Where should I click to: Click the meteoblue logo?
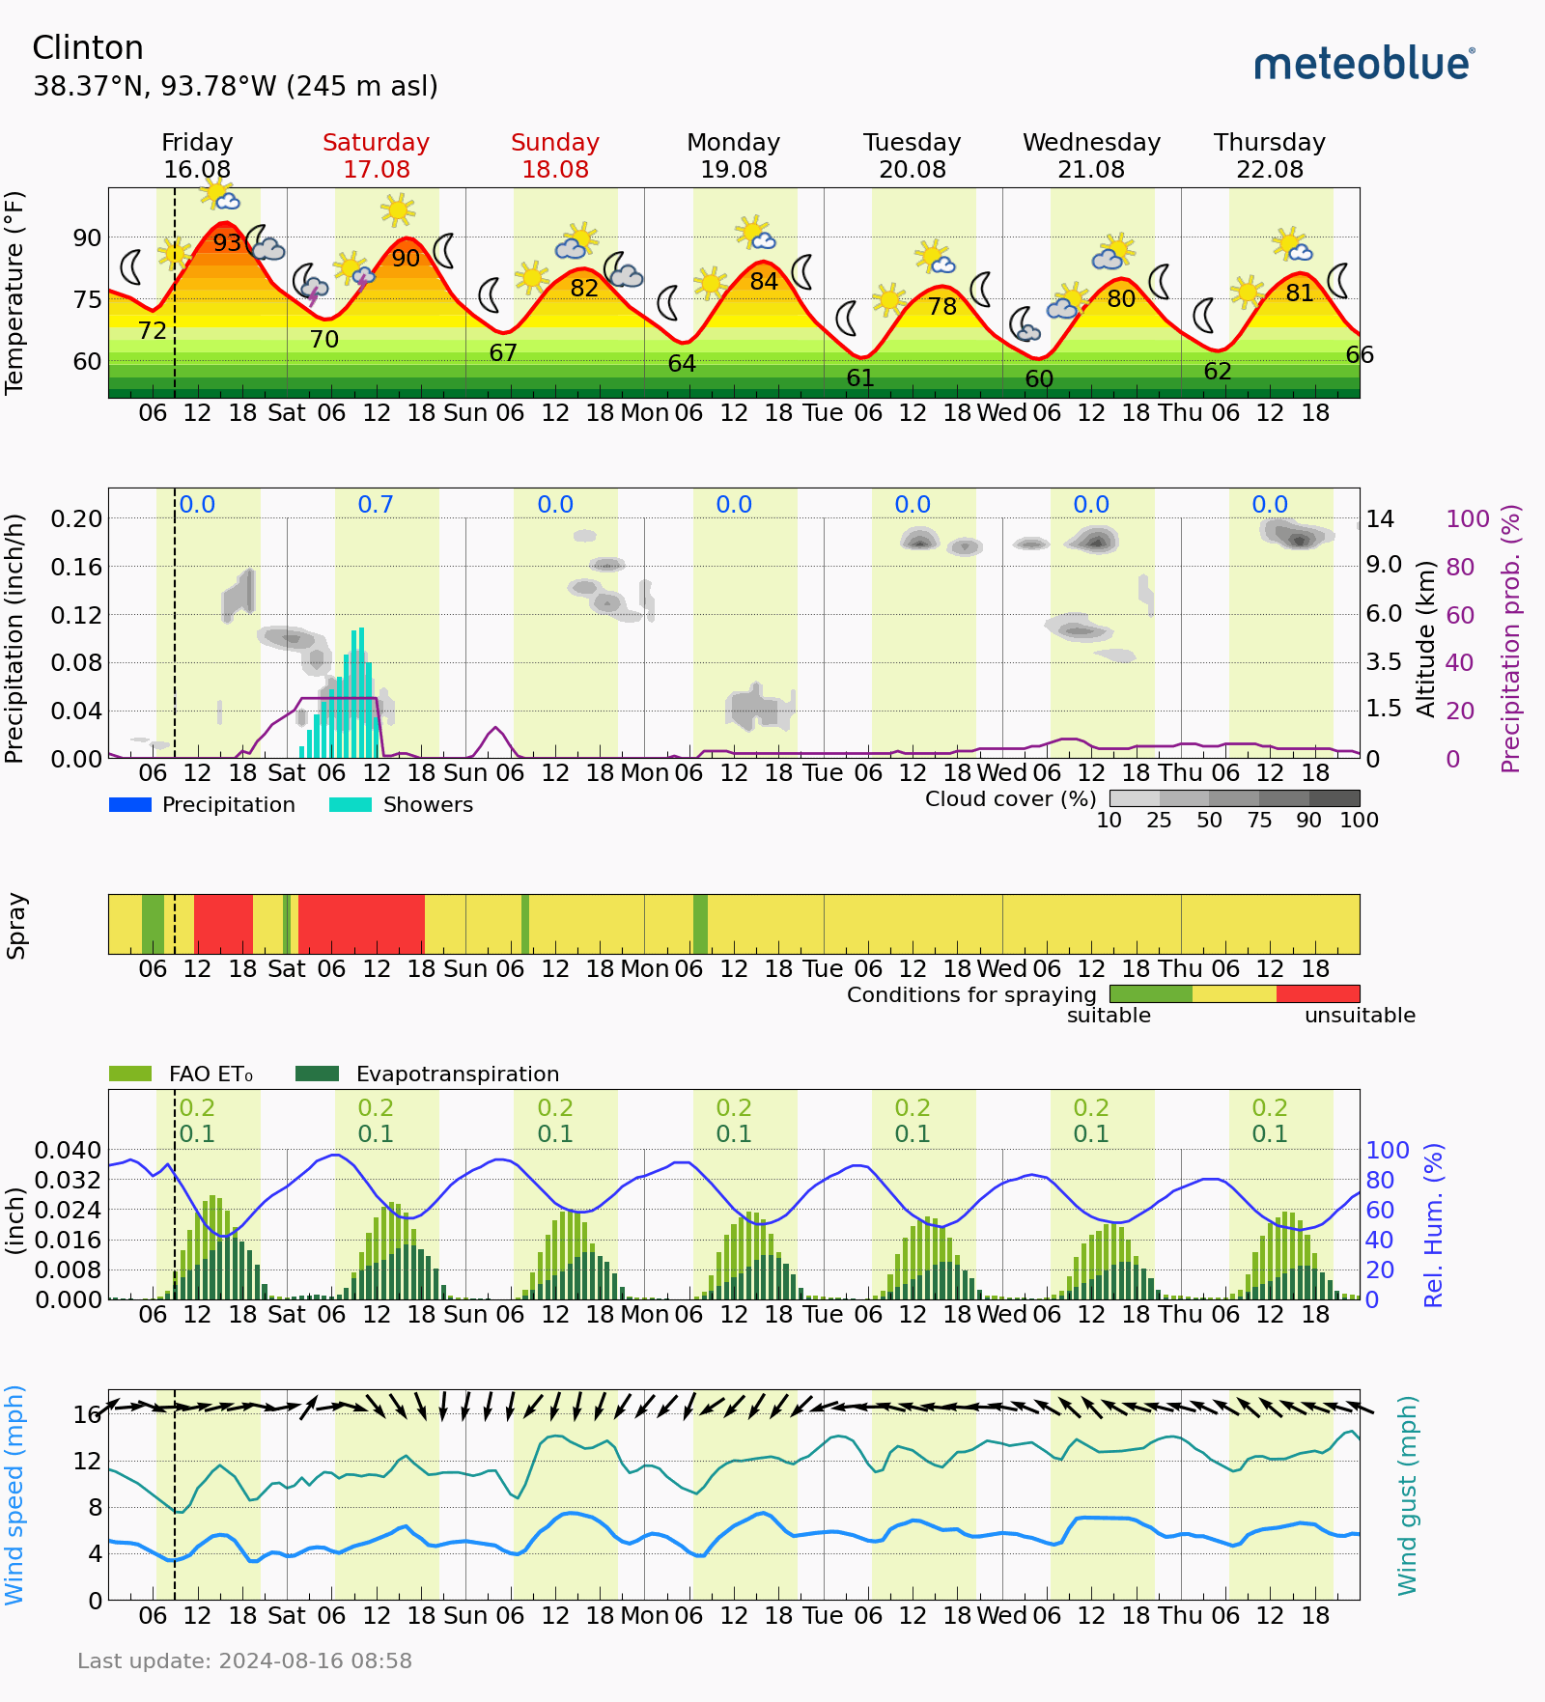coord(1363,64)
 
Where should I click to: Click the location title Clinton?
coord(88,48)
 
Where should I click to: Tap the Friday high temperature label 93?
coord(227,242)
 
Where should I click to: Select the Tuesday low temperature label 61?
coord(860,378)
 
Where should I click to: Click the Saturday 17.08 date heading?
coord(376,155)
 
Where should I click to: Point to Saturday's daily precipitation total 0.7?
coord(376,505)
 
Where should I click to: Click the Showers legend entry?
coord(428,805)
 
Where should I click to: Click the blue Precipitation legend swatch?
coord(130,805)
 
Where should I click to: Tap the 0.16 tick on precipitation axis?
coord(76,567)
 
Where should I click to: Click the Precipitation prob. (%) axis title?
coord(1510,638)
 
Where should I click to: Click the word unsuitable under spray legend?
coord(1360,1016)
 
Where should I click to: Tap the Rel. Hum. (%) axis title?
coord(1434,1225)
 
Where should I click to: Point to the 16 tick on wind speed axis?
coord(87,1415)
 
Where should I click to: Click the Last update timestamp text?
coord(244,1661)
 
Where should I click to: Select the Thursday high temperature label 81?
coord(1300,293)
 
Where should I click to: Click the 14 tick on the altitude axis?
coord(1380,519)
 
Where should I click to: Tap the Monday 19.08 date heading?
coord(733,155)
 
